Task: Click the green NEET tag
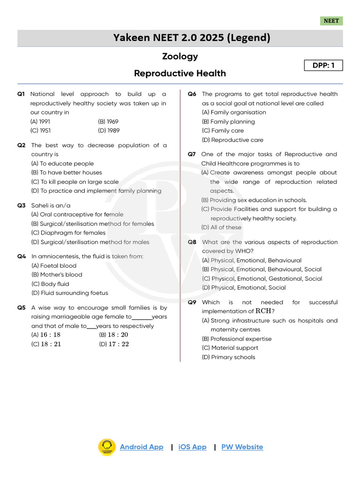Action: pos(331,21)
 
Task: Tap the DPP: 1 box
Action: pos(323,66)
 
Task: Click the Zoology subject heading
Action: pos(180,56)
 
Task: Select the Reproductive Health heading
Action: pos(180,74)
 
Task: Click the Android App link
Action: pos(142,447)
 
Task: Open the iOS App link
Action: pos(192,447)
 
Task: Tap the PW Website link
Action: pos(242,447)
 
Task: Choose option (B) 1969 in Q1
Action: pos(108,121)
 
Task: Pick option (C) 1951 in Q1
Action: pos(41,131)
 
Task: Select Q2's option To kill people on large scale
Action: pos(75,182)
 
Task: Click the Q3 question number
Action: pos(22,205)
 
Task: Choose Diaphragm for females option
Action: pos(68,233)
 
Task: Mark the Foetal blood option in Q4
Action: pos(54,266)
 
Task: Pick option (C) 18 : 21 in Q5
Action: pos(46,344)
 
